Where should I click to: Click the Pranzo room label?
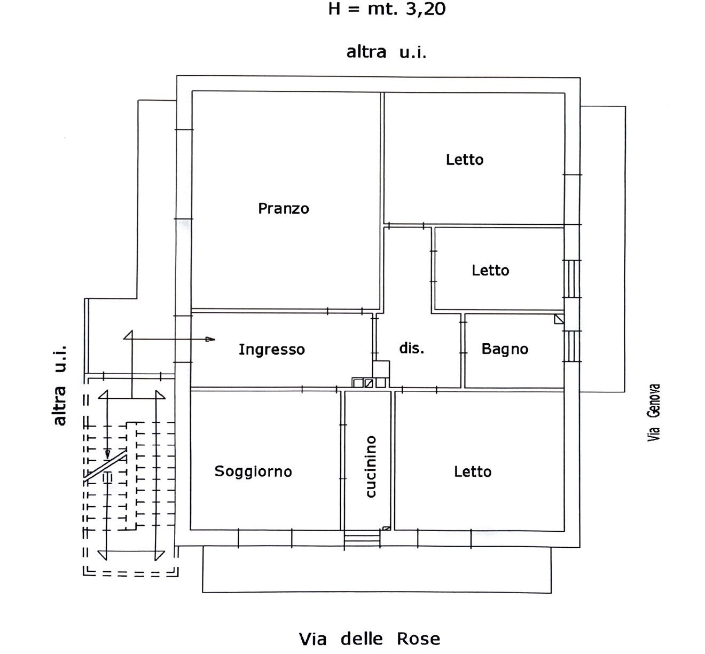tap(284, 209)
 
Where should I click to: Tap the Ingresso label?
tap(271, 350)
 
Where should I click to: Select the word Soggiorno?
tap(253, 472)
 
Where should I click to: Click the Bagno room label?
tap(505, 349)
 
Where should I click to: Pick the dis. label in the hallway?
tap(411, 349)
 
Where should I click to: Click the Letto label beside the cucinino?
tap(473, 472)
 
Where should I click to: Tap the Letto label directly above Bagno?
tap(490, 271)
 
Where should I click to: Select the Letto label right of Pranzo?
tap(465, 160)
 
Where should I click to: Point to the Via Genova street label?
tap(654, 413)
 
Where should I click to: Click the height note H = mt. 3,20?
tap(387, 9)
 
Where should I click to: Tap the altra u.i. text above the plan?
tap(386, 52)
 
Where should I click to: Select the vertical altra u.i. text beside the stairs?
tap(59, 385)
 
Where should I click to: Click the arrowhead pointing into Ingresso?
tap(210, 339)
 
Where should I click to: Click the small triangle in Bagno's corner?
tap(559, 319)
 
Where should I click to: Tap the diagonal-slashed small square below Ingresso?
tap(369, 383)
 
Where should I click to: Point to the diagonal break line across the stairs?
tap(105, 466)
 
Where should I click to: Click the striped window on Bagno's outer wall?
tap(571, 346)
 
